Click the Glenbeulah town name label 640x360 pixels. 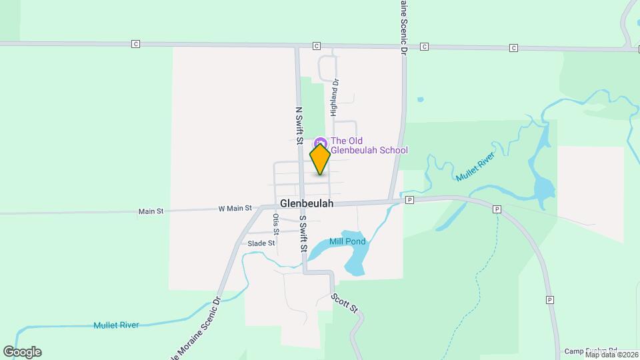[307, 203]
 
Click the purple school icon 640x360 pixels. [320, 142]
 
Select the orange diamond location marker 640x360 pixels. [320, 159]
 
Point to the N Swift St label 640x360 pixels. [299, 125]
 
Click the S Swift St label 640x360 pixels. [303, 233]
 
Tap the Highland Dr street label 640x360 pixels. [336, 96]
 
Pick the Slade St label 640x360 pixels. [261, 243]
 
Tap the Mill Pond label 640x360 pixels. [347, 241]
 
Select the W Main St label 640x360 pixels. [235, 208]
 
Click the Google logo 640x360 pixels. [22, 352]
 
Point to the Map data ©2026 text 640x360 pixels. [612, 355]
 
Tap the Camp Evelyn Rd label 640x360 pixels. [591, 351]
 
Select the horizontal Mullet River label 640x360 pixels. [116, 325]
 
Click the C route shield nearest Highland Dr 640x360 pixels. [317, 46]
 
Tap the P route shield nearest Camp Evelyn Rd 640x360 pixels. [550, 299]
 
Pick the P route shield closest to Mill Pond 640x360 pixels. [409, 199]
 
